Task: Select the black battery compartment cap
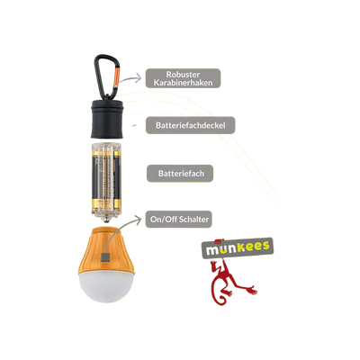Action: tap(107, 119)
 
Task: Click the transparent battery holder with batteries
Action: tap(106, 179)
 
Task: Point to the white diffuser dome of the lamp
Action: tap(106, 287)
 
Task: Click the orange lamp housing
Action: tap(106, 250)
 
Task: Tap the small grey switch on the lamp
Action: tap(105, 257)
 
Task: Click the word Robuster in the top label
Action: tap(183, 75)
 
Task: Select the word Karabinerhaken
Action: tap(183, 83)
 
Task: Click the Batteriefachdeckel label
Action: tap(191, 125)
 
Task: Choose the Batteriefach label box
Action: tap(180, 174)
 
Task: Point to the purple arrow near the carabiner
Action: tap(130, 77)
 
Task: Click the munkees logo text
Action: tap(237, 247)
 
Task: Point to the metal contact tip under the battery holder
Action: tap(105, 220)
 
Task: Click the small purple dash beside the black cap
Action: tap(135, 125)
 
